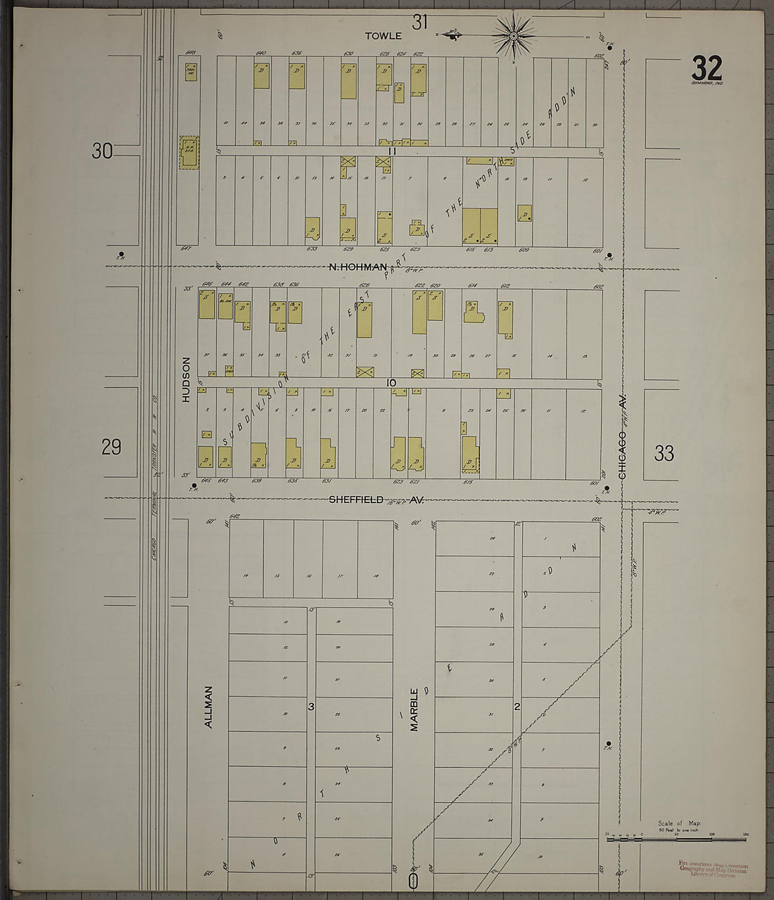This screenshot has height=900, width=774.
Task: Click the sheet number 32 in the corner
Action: (x=706, y=68)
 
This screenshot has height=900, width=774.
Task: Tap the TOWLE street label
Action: (x=383, y=35)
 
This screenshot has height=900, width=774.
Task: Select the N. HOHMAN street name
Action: (x=359, y=267)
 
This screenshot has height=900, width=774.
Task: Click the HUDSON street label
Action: (x=186, y=379)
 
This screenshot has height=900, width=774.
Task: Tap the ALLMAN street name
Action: (x=208, y=706)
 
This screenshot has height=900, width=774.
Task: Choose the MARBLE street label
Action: (x=414, y=709)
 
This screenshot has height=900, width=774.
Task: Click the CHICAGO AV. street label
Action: (x=623, y=436)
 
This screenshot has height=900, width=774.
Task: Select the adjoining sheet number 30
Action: (x=102, y=151)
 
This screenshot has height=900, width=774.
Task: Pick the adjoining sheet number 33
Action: (x=664, y=453)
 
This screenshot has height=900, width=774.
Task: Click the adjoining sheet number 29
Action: (x=111, y=447)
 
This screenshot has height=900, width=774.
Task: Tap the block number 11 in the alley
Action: (x=392, y=151)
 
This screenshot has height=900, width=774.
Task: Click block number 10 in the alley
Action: (x=392, y=383)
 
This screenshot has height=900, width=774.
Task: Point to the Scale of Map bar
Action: (x=675, y=837)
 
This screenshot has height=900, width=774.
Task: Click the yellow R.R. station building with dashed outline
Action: (x=189, y=152)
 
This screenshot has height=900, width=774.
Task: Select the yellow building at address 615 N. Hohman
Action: (x=471, y=226)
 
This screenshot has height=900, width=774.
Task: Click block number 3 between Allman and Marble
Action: (x=310, y=706)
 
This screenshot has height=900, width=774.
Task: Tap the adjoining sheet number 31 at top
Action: (x=420, y=22)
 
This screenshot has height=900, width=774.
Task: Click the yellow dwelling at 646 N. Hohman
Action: (x=206, y=305)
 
